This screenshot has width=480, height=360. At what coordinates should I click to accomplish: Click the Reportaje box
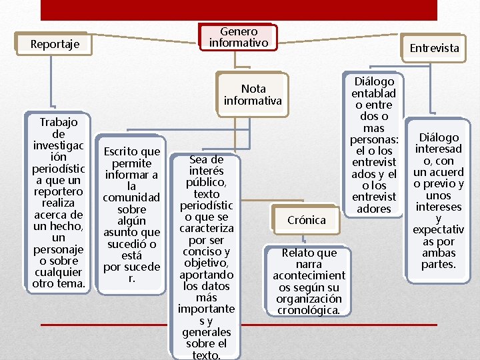[x=55, y=45]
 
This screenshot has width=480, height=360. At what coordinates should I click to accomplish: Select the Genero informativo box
[x=239, y=37]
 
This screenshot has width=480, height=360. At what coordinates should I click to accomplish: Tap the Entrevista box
[x=434, y=48]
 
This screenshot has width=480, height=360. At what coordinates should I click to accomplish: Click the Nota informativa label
[x=253, y=95]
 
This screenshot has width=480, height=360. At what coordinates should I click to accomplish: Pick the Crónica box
[x=306, y=220]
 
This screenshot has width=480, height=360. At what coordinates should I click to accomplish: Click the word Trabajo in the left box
[x=59, y=122]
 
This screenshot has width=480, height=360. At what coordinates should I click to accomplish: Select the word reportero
[x=59, y=191]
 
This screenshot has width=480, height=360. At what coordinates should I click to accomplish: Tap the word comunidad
[x=131, y=197]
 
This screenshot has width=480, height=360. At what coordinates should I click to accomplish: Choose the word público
[x=206, y=182]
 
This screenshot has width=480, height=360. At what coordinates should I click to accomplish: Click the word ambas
[x=439, y=253]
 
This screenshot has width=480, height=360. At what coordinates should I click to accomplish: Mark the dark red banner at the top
[x=239, y=10]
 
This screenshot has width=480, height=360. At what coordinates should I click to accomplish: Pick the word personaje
[x=59, y=249]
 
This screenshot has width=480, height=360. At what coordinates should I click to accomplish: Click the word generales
[x=206, y=332]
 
